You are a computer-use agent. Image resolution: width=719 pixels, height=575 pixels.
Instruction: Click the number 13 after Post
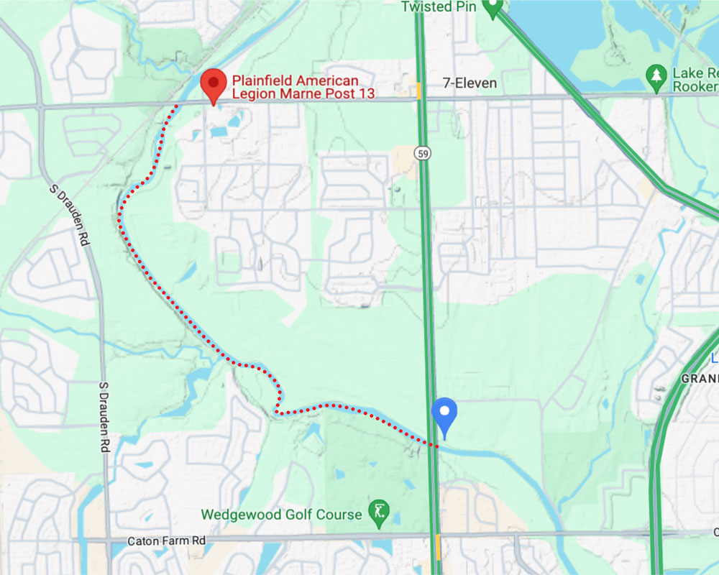367,94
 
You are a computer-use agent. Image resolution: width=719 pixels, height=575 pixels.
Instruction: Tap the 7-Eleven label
470,83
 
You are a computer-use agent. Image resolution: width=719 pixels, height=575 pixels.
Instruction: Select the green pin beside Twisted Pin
492,7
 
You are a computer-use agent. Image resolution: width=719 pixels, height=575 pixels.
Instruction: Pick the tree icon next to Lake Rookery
655,75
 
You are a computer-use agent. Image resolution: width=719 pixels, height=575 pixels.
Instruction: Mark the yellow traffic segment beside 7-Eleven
418,91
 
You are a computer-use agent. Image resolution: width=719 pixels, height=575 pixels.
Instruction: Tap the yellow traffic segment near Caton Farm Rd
438,548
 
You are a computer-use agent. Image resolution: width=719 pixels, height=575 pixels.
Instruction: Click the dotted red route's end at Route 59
436,446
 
